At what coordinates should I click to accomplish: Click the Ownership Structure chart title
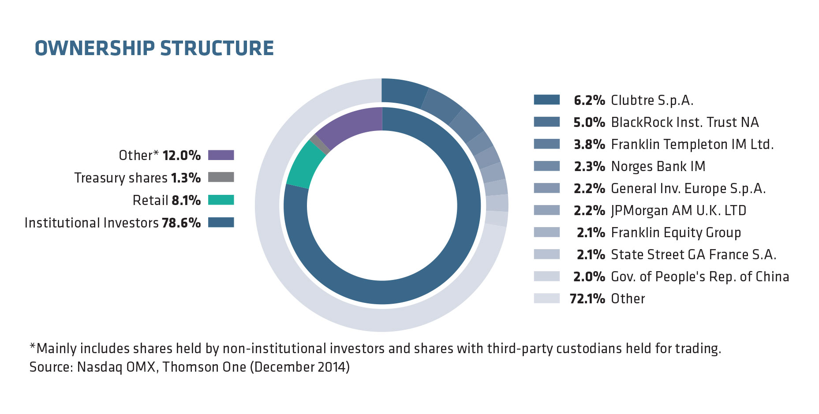tap(154, 48)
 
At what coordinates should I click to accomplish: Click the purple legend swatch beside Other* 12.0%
tap(221, 155)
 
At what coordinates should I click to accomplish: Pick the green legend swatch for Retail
tap(221, 200)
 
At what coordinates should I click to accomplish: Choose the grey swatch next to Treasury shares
tap(221, 177)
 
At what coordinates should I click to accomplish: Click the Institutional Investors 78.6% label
tap(112, 223)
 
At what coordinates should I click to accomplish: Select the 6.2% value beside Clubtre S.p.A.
tap(589, 101)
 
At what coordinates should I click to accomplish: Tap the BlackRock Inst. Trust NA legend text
tap(685, 122)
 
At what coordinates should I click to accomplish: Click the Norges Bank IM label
tap(658, 166)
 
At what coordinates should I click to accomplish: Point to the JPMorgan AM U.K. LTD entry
tap(679, 211)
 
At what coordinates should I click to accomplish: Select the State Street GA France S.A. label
tap(694, 254)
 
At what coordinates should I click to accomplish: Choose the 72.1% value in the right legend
tap(587, 299)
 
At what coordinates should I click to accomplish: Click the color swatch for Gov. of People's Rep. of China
tap(547, 276)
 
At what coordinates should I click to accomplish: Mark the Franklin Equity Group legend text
tap(676, 233)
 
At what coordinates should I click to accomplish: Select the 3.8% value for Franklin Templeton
tap(589, 145)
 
